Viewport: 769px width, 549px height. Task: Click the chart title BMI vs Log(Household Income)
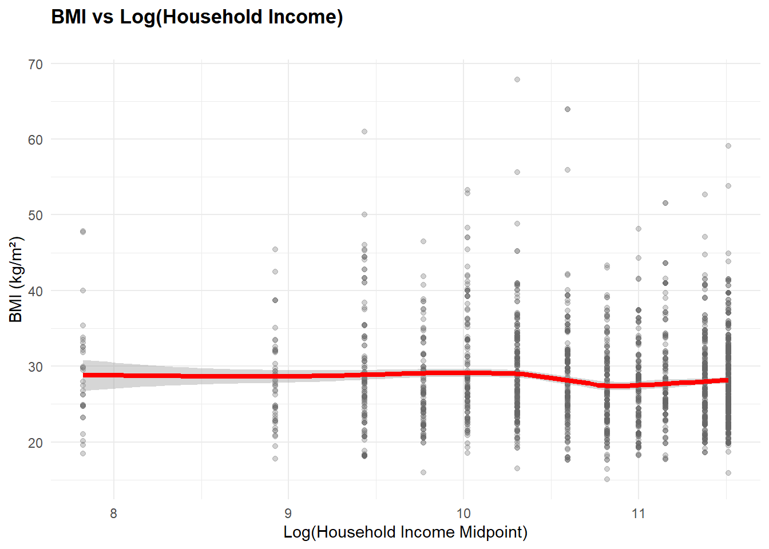[x=197, y=17]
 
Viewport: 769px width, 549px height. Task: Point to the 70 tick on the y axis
[x=35, y=64]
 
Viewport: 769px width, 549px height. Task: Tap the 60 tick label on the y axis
[x=35, y=140]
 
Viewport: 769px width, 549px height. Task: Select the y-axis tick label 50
[x=35, y=216]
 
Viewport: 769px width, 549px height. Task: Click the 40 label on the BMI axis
[x=35, y=291]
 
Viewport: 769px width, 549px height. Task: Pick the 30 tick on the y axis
[x=35, y=367]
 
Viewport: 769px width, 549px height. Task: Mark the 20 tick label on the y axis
[x=35, y=443]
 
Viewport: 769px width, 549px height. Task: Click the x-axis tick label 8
[x=113, y=513]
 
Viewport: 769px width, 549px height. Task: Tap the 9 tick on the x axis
[x=288, y=513]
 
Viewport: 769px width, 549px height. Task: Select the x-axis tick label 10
[x=463, y=513]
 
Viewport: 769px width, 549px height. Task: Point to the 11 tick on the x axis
[x=639, y=513]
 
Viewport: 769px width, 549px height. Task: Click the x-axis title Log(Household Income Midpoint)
[x=405, y=532]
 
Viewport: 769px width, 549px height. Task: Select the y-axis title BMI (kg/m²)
[x=16, y=279]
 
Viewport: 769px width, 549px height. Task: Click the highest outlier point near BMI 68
[x=517, y=79]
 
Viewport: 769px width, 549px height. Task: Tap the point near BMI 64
[x=568, y=109]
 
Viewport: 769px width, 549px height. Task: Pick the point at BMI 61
[x=364, y=132]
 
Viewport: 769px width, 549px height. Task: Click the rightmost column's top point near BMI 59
[x=728, y=146]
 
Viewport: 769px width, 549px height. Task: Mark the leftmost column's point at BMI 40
[x=83, y=291]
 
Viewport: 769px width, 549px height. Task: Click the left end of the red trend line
[x=84, y=375]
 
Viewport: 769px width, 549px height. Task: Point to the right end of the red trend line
[x=727, y=380]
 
